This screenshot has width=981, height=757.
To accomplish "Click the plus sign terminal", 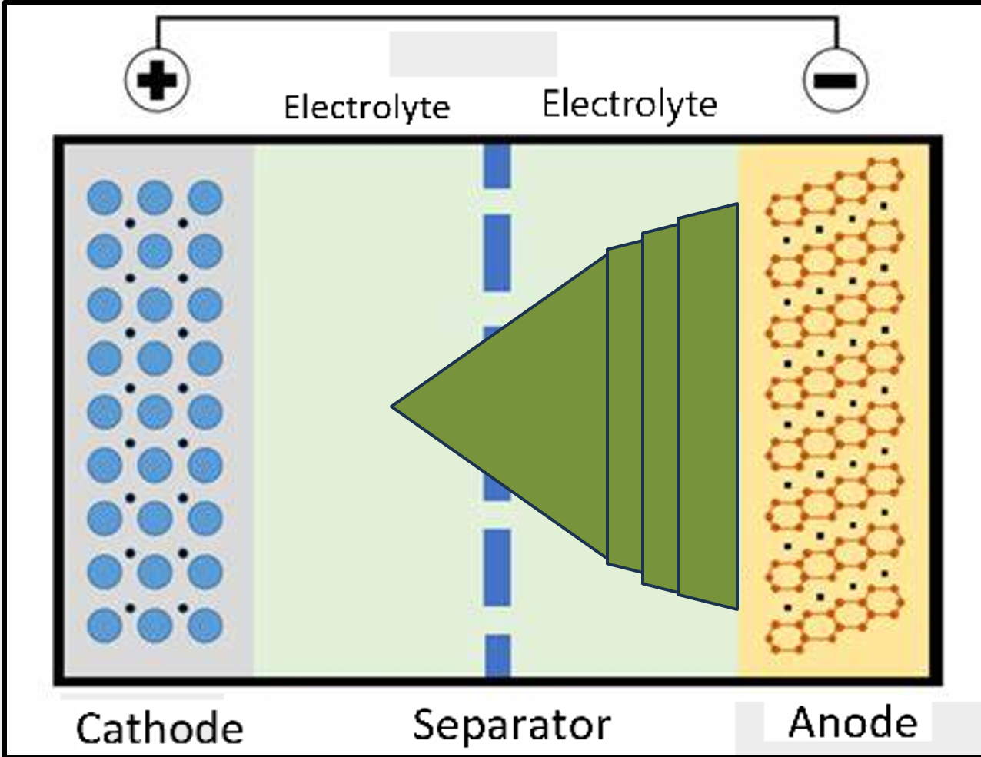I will (x=157, y=79).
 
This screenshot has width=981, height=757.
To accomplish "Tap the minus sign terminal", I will (x=836, y=79).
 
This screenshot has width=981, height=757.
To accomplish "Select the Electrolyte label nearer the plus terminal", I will (x=367, y=107).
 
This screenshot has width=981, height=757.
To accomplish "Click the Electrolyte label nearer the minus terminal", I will (x=630, y=104).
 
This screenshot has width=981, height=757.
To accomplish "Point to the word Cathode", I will (x=160, y=728).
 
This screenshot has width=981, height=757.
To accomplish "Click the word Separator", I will (x=511, y=724).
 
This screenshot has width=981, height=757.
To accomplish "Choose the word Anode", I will (x=853, y=722).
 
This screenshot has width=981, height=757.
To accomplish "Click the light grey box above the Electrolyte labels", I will (x=473, y=54).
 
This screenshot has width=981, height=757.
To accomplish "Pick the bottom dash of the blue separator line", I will (x=497, y=656).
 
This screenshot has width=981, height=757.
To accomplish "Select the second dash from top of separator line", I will (x=497, y=253).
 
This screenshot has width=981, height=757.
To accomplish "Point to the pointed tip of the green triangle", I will (x=395, y=406).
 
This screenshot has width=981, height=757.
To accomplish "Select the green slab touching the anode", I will (x=707, y=406).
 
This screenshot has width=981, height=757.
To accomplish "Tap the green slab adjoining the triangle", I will (x=624, y=406).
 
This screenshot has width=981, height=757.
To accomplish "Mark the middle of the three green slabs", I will (x=660, y=406).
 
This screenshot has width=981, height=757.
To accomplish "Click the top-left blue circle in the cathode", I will (x=105, y=198).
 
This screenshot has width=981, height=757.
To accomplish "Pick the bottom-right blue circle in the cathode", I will (x=205, y=625).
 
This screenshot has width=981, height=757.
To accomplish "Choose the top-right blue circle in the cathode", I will (x=205, y=198).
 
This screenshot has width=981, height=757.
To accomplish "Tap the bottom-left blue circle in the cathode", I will (x=105, y=625).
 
